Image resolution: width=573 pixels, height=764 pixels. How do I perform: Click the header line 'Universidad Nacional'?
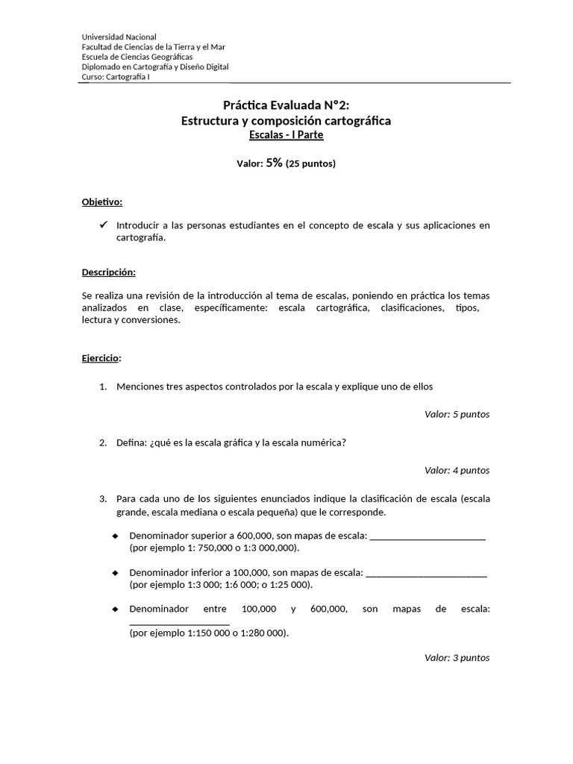(x=119, y=37)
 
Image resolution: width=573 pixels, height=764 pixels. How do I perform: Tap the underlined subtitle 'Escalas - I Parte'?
(x=286, y=135)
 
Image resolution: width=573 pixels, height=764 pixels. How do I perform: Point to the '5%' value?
(x=274, y=163)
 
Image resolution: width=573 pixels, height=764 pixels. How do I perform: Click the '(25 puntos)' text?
(x=310, y=163)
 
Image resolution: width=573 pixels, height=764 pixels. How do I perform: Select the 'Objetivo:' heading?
(x=102, y=202)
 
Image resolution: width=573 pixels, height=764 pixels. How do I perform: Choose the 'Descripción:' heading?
(x=108, y=272)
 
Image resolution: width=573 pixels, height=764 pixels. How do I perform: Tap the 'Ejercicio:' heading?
(x=101, y=358)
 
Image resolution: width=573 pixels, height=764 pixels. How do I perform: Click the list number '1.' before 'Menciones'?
(x=104, y=386)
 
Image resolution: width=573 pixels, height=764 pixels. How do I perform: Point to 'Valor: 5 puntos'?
(x=457, y=414)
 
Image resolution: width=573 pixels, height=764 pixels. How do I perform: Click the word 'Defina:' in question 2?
(x=132, y=442)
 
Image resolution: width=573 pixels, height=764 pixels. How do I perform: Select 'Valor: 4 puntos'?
(x=457, y=470)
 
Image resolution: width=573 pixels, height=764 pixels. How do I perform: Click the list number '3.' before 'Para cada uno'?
(x=104, y=498)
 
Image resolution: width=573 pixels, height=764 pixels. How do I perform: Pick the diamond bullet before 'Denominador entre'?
(x=115, y=609)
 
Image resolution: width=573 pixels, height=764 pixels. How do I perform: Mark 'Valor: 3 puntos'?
(x=457, y=657)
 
